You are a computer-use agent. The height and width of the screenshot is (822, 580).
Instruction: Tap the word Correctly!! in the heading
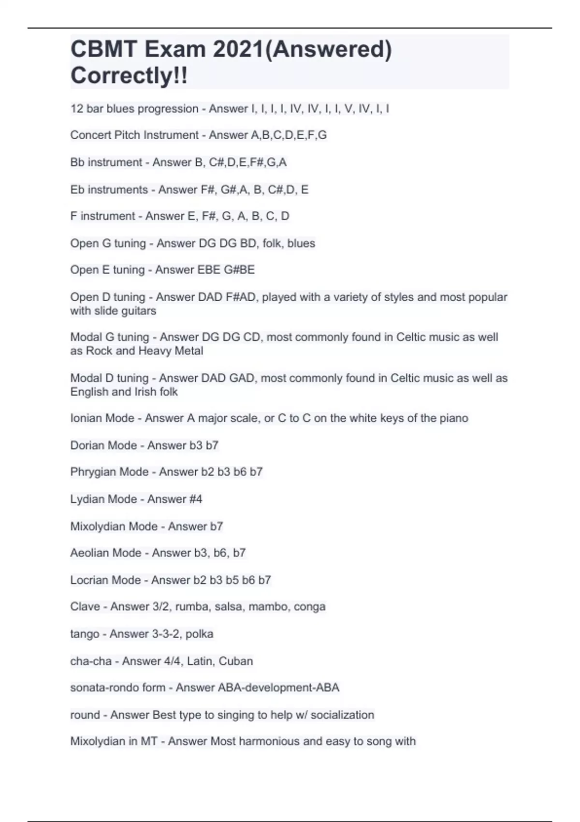point(129,75)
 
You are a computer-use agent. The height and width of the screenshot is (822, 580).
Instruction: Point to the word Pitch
point(118,135)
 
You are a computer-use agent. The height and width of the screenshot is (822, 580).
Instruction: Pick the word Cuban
point(236,661)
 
